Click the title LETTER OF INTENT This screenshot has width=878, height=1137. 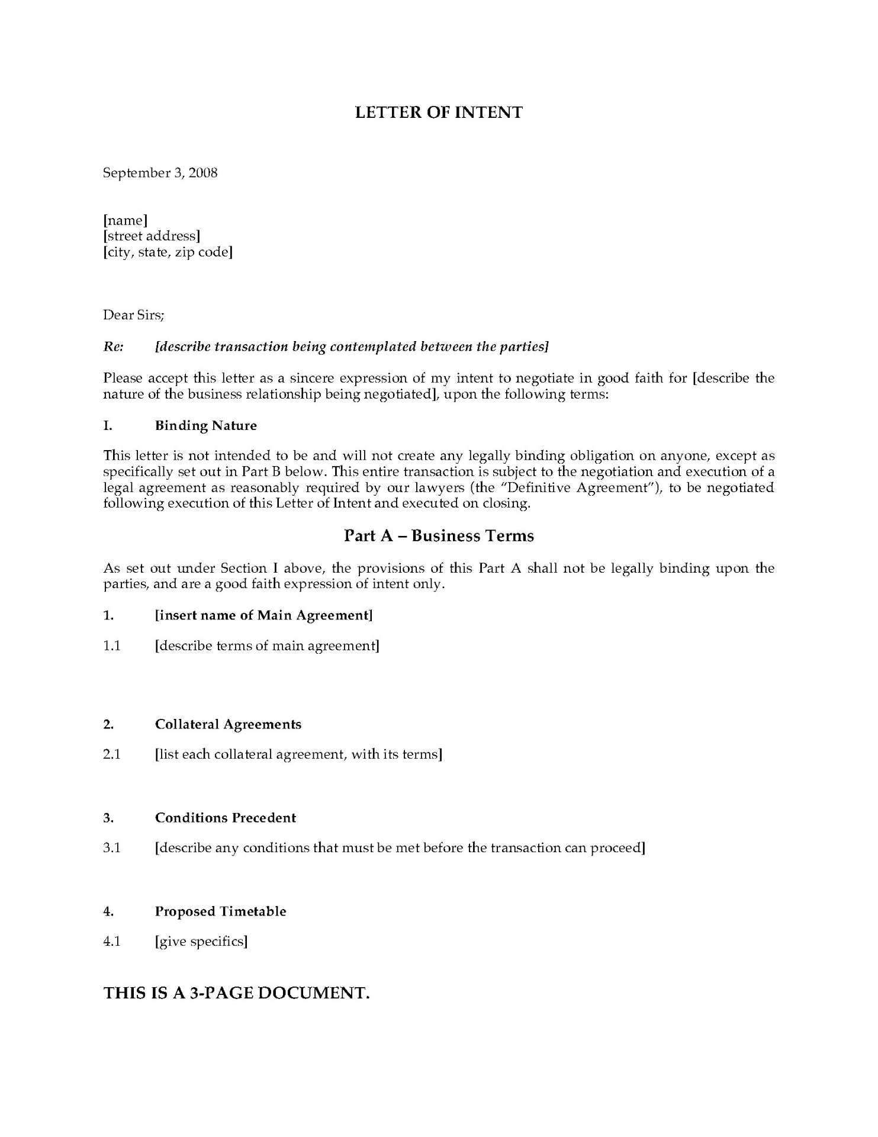pyautogui.click(x=439, y=113)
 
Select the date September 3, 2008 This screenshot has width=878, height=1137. pyautogui.click(x=160, y=173)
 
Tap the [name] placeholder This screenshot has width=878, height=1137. pyautogui.click(x=125, y=221)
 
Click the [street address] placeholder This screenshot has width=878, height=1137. pyautogui.click(x=152, y=236)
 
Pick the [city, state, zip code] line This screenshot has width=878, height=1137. pyautogui.click(x=168, y=252)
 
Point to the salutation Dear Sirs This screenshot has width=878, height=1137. pyautogui.click(x=134, y=315)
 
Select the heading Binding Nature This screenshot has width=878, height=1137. pyautogui.click(x=206, y=426)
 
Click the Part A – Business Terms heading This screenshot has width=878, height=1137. pyautogui.click(x=439, y=536)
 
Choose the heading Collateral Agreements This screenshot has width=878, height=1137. pyautogui.click(x=228, y=725)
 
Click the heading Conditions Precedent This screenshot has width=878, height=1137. pyautogui.click(x=225, y=818)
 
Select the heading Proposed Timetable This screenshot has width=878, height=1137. pyautogui.click(x=220, y=911)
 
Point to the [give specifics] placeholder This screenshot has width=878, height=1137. pyautogui.click(x=201, y=942)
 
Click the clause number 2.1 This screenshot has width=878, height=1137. pyautogui.click(x=112, y=755)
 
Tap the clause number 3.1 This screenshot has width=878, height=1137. pyautogui.click(x=112, y=848)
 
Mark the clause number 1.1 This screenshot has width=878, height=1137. pyautogui.click(x=112, y=645)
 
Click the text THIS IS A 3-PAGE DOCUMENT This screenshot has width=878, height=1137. pyautogui.click(x=237, y=993)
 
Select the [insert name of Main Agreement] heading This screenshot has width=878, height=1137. pyautogui.click(x=264, y=615)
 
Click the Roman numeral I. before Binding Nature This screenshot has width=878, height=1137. pyautogui.click(x=108, y=426)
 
